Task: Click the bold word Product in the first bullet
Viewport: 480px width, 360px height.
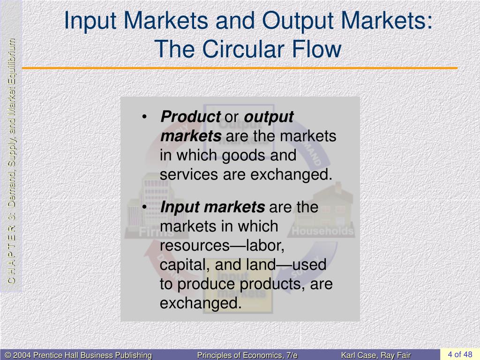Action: [190, 117]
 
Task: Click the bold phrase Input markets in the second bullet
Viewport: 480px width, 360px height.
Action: [212, 207]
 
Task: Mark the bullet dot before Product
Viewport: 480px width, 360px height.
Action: [146, 117]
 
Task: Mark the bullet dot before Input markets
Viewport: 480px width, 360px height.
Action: [146, 207]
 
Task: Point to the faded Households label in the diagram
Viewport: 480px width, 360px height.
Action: [322, 231]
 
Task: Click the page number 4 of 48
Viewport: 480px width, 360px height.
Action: [460, 354]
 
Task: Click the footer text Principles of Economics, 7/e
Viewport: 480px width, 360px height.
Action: [247, 355]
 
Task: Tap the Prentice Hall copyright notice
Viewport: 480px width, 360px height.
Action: [77, 355]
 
